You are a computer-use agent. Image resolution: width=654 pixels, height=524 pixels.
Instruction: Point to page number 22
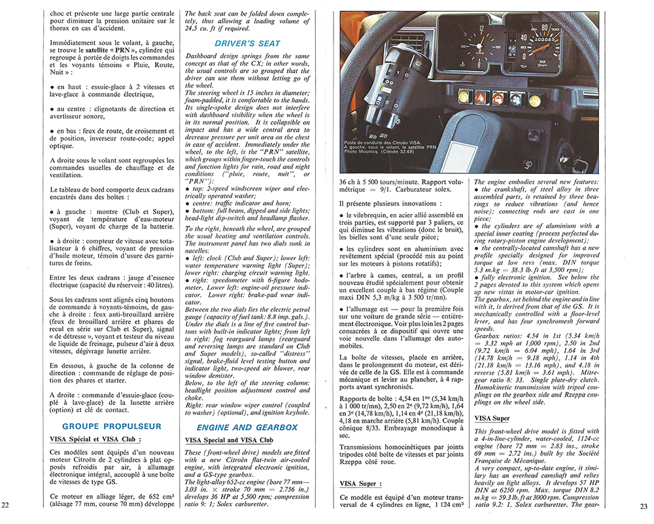pyautogui.click(x=6, y=505)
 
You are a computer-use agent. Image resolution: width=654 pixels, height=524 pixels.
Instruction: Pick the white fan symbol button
pyautogui.click(x=517, y=99)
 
